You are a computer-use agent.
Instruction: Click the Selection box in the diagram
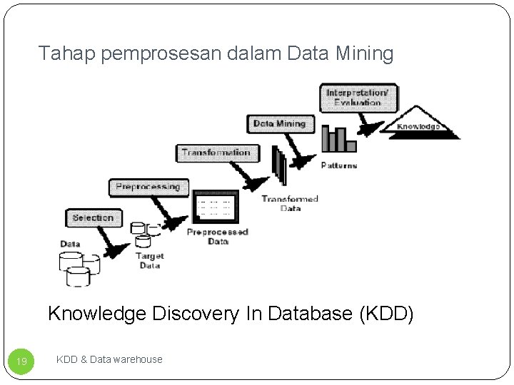93,217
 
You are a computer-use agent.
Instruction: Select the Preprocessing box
148,187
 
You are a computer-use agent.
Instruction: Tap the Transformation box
216,152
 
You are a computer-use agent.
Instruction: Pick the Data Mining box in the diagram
279,123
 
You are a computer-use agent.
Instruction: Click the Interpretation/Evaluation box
358,98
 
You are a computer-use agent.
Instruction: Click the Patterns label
339,165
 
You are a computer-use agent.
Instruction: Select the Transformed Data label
289,203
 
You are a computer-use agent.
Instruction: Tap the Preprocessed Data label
218,236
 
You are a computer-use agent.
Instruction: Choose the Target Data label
149,260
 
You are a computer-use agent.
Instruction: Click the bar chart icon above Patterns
338,139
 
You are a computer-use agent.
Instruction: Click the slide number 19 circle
22,361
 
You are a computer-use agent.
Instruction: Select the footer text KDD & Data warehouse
109,359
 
